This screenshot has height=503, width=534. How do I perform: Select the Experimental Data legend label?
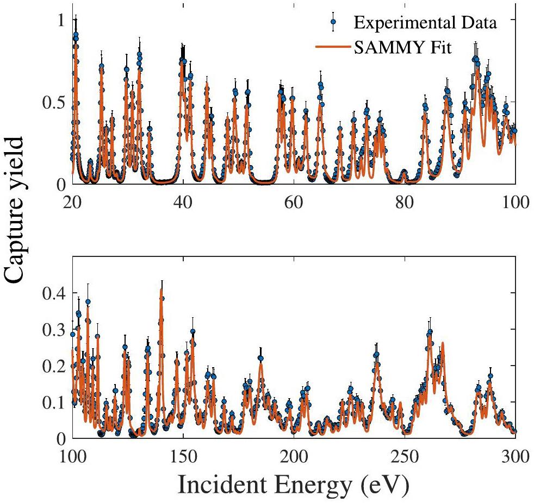pyautogui.click(x=425, y=23)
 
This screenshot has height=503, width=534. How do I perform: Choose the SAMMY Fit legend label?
pyautogui.click(x=401, y=47)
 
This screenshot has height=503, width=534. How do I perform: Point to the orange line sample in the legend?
pyautogui.click(x=331, y=47)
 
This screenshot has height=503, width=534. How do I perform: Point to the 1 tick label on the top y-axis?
pyautogui.click(x=60, y=20)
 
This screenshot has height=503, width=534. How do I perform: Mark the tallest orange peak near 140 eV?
pyautogui.click(x=161, y=290)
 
